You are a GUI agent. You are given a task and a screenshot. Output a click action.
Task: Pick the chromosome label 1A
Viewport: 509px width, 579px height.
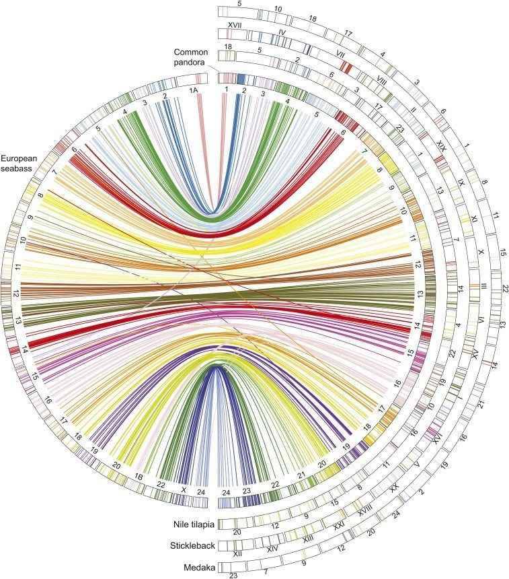point(194,90)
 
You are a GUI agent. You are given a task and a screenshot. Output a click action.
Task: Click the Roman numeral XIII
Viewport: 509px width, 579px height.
point(309,538)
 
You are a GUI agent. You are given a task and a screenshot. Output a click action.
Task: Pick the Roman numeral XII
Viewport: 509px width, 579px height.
point(237,553)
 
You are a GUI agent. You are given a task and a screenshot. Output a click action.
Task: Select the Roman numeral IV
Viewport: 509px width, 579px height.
point(282,32)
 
